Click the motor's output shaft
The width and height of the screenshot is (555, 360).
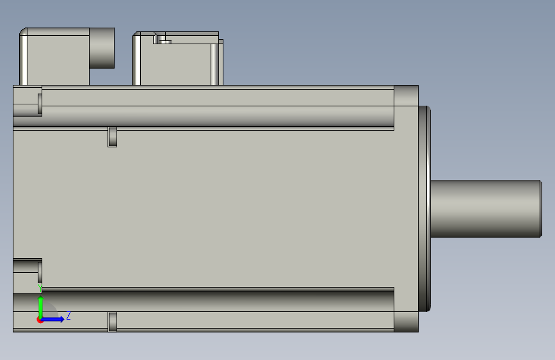point(485,208)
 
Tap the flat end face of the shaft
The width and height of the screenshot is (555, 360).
point(541,208)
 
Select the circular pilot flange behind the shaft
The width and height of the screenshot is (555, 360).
point(424,209)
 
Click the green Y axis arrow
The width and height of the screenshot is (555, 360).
point(41,307)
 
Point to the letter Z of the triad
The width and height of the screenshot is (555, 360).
point(68,315)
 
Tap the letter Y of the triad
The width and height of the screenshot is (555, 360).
point(40,288)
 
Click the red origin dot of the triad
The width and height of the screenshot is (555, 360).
point(40,320)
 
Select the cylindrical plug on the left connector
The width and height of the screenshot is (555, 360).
point(102,48)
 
